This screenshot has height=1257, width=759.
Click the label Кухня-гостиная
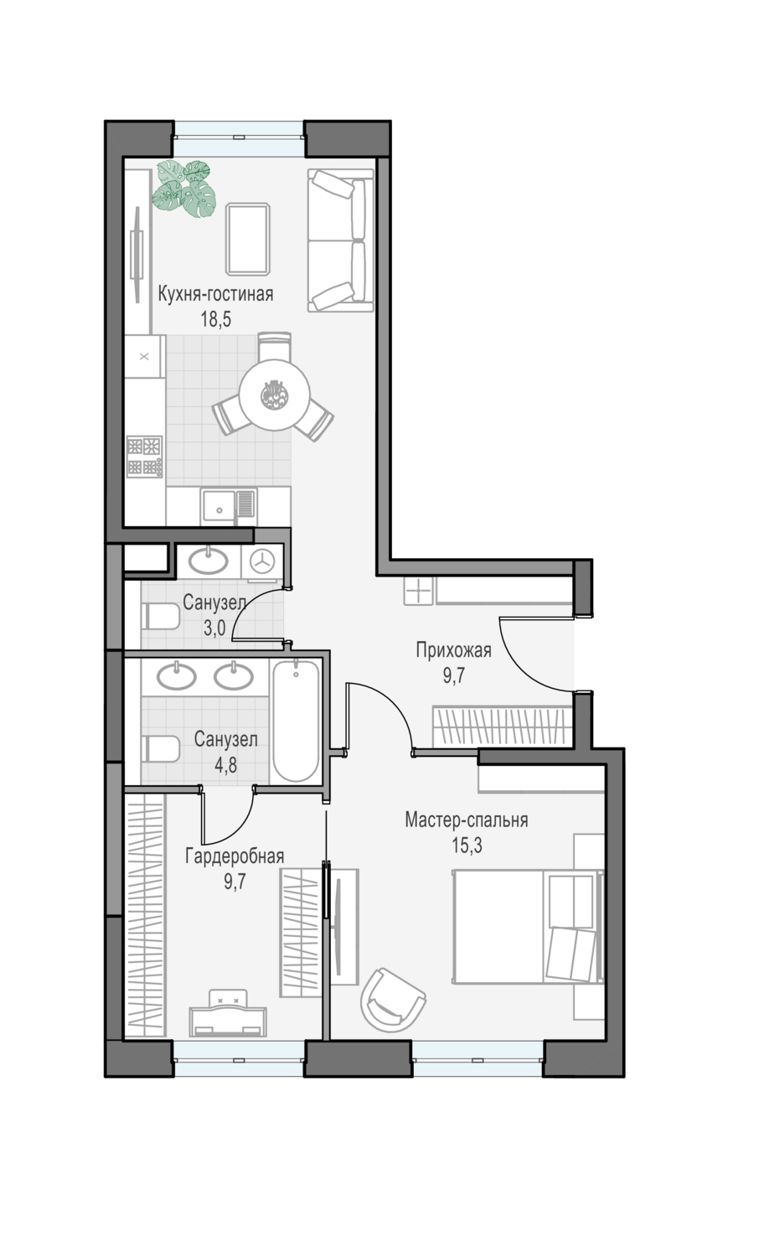pyautogui.click(x=215, y=294)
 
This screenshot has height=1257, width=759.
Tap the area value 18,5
pyautogui.click(x=216, y=319)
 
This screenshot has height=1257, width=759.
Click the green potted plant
pyautogui.click(x=184, y=189)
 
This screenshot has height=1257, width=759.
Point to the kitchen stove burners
pyautogui.click(x=144, y=456)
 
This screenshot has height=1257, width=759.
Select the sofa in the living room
pyautogui.click(x=340, y=241)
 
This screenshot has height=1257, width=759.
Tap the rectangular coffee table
pyautogui.click(x=247, y=239)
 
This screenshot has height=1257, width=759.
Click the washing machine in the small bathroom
pyautogui.click(x=262, y=561)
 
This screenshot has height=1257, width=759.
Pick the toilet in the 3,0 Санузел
pyautogui.click(x=161, y=616)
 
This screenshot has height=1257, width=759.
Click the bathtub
pyautogui.click(x=297, y=721)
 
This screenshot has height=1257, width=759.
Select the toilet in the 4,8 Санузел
pyautogui.click(x=161, y=749)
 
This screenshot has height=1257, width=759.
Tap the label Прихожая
pyautogui.click(x=453, y=650)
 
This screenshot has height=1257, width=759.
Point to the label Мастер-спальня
pyautogui.click(x=466, y=820)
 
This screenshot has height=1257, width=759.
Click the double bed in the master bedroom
pyautogui.click(x=528, y=927)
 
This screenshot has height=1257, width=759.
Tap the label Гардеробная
pyautogui.click(x=235, y=856)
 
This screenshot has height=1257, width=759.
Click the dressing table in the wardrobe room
pyautogui.click(x=228, y=1013)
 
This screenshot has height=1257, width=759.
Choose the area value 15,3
pyautogui.click(x=467, y=845)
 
